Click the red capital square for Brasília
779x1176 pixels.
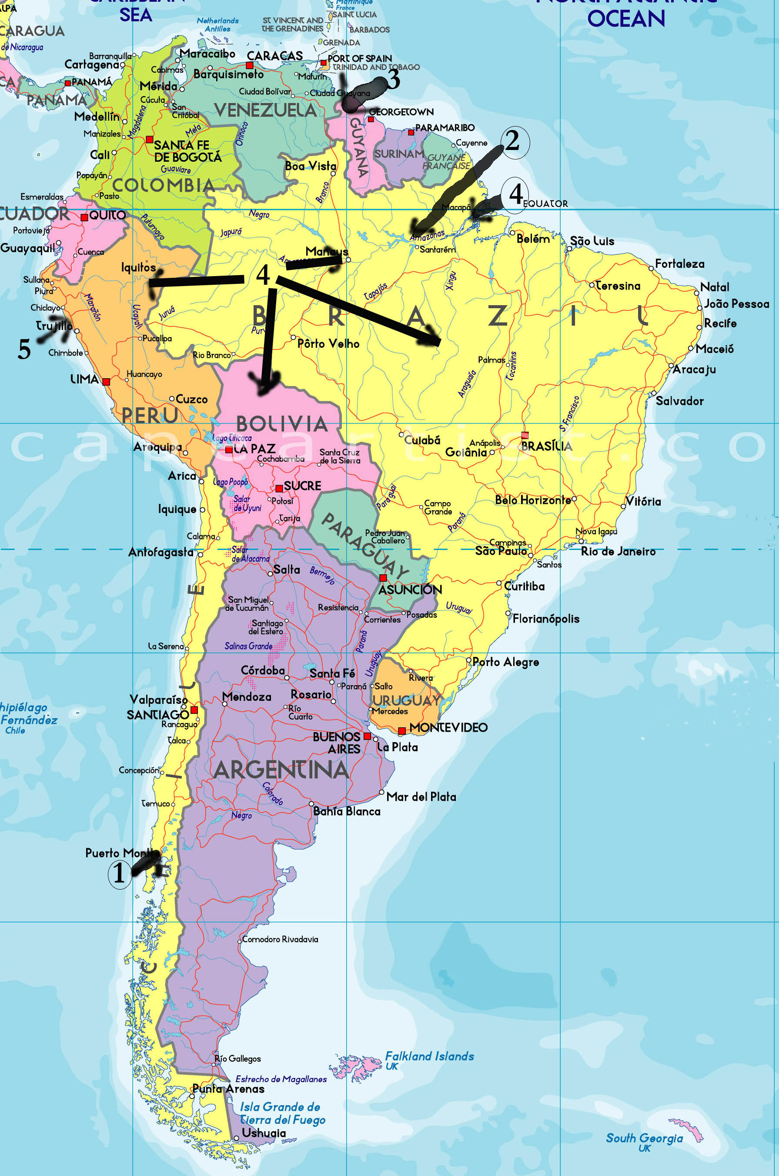click(x=525, y=436)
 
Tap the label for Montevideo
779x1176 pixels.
click(x=448, y=727)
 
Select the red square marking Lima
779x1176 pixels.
click(x=106, y=381)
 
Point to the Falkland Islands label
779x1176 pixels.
click(x=429, y=1056)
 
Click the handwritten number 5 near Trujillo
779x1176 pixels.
click(x=24, y=350)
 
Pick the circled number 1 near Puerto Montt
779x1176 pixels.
click(x=119, y=873)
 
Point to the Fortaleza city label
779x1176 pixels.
click(x=679, y=264)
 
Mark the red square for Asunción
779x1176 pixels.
click(x=383, y=578)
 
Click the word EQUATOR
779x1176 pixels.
click(x=545, y=203)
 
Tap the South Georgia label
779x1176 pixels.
click(x=644, y=1138)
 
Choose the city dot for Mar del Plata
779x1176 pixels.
click(x=381, y=792)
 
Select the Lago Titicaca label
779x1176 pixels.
click(x=232, y=438)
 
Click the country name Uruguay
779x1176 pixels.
click(x=406, y=700)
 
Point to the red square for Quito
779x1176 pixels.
click(x=84, y=217)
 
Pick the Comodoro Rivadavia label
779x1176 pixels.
click(x=280, y=939)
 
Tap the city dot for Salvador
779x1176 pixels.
click(x=654, y=394)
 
